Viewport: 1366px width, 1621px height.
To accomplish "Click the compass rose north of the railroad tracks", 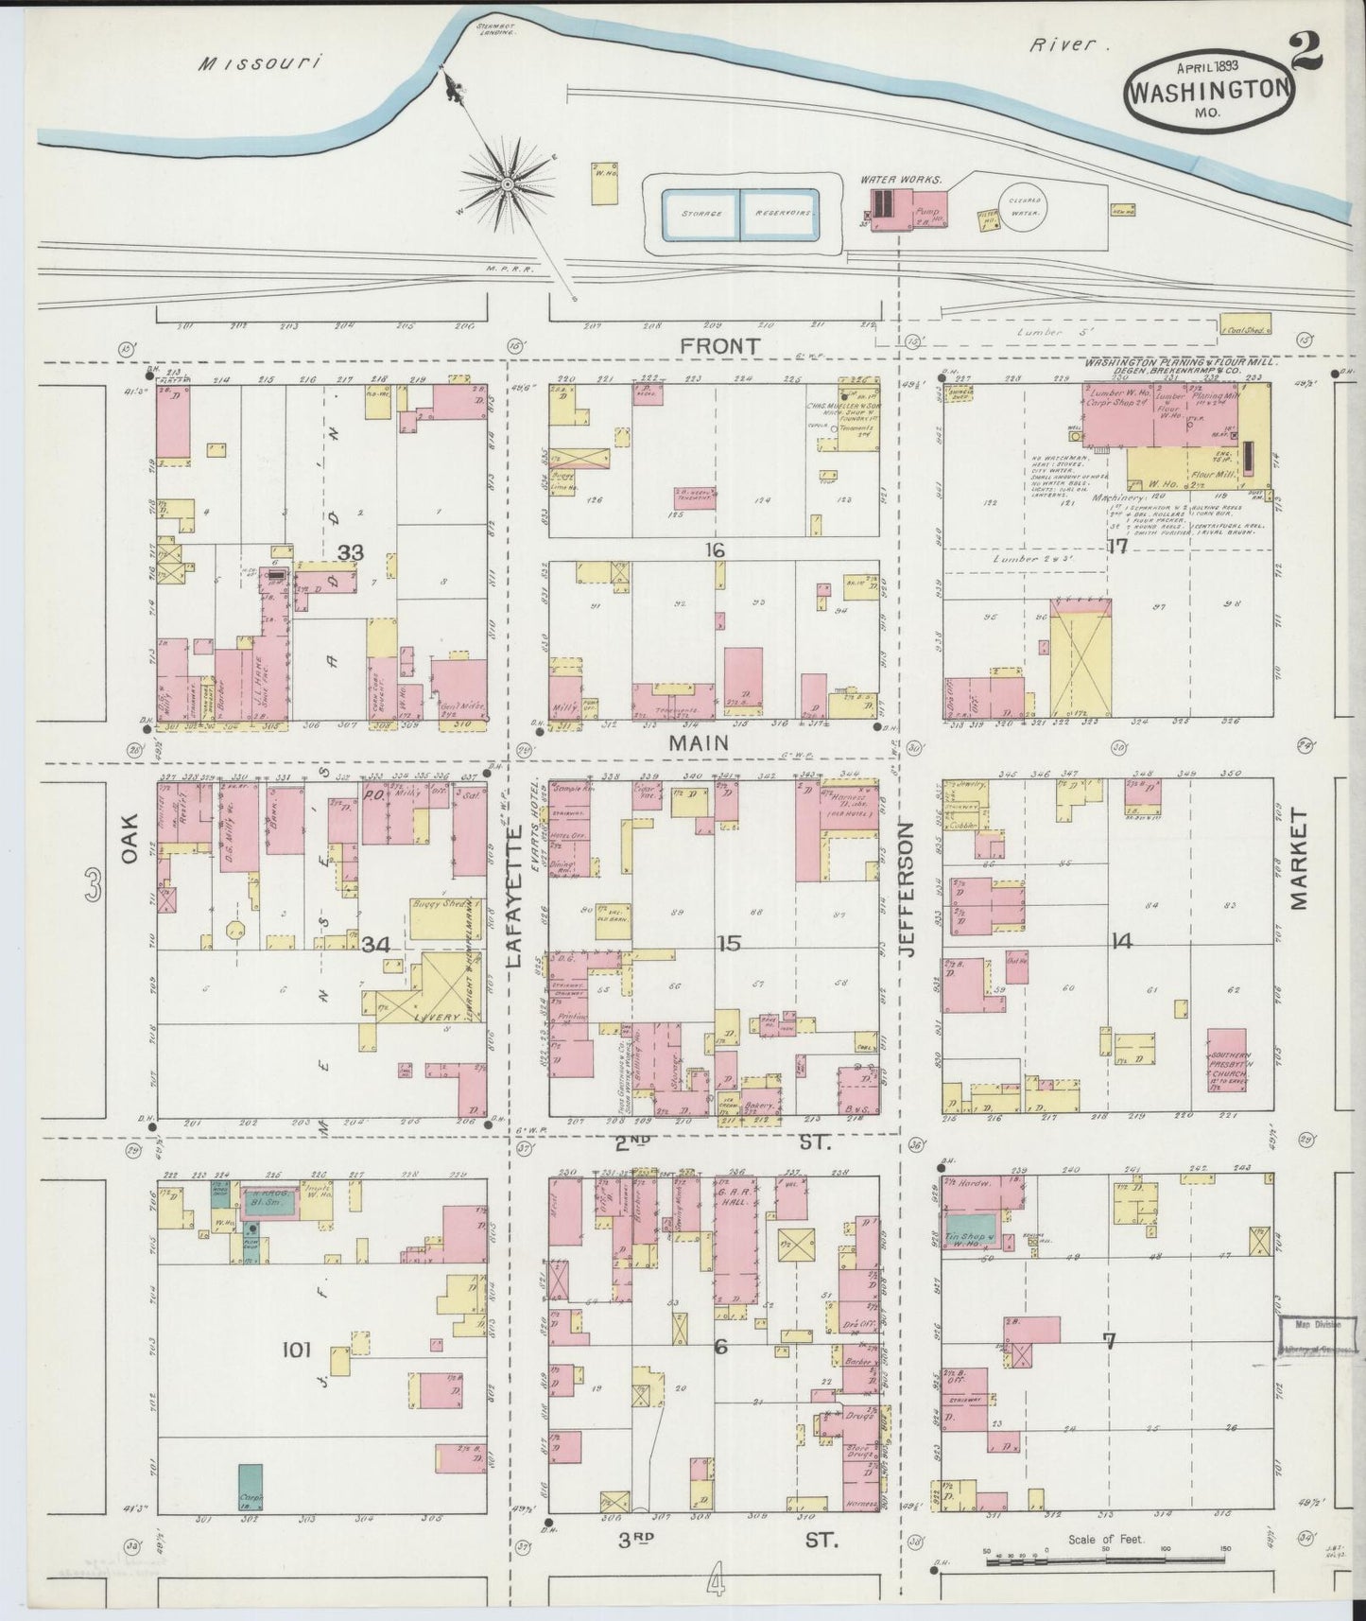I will (x=508, y=182).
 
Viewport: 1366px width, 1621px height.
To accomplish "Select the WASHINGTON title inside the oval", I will (x=1208, y=92).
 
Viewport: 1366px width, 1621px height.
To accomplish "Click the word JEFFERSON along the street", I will (x=907, y=889).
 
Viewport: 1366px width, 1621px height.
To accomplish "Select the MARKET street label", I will (x=1298, y=859).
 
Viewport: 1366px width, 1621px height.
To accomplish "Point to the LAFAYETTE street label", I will (x=515, y=894).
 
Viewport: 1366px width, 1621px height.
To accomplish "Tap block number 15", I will (x=728, y=943).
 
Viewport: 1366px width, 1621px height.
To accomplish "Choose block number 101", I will (x=296, y=1350).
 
